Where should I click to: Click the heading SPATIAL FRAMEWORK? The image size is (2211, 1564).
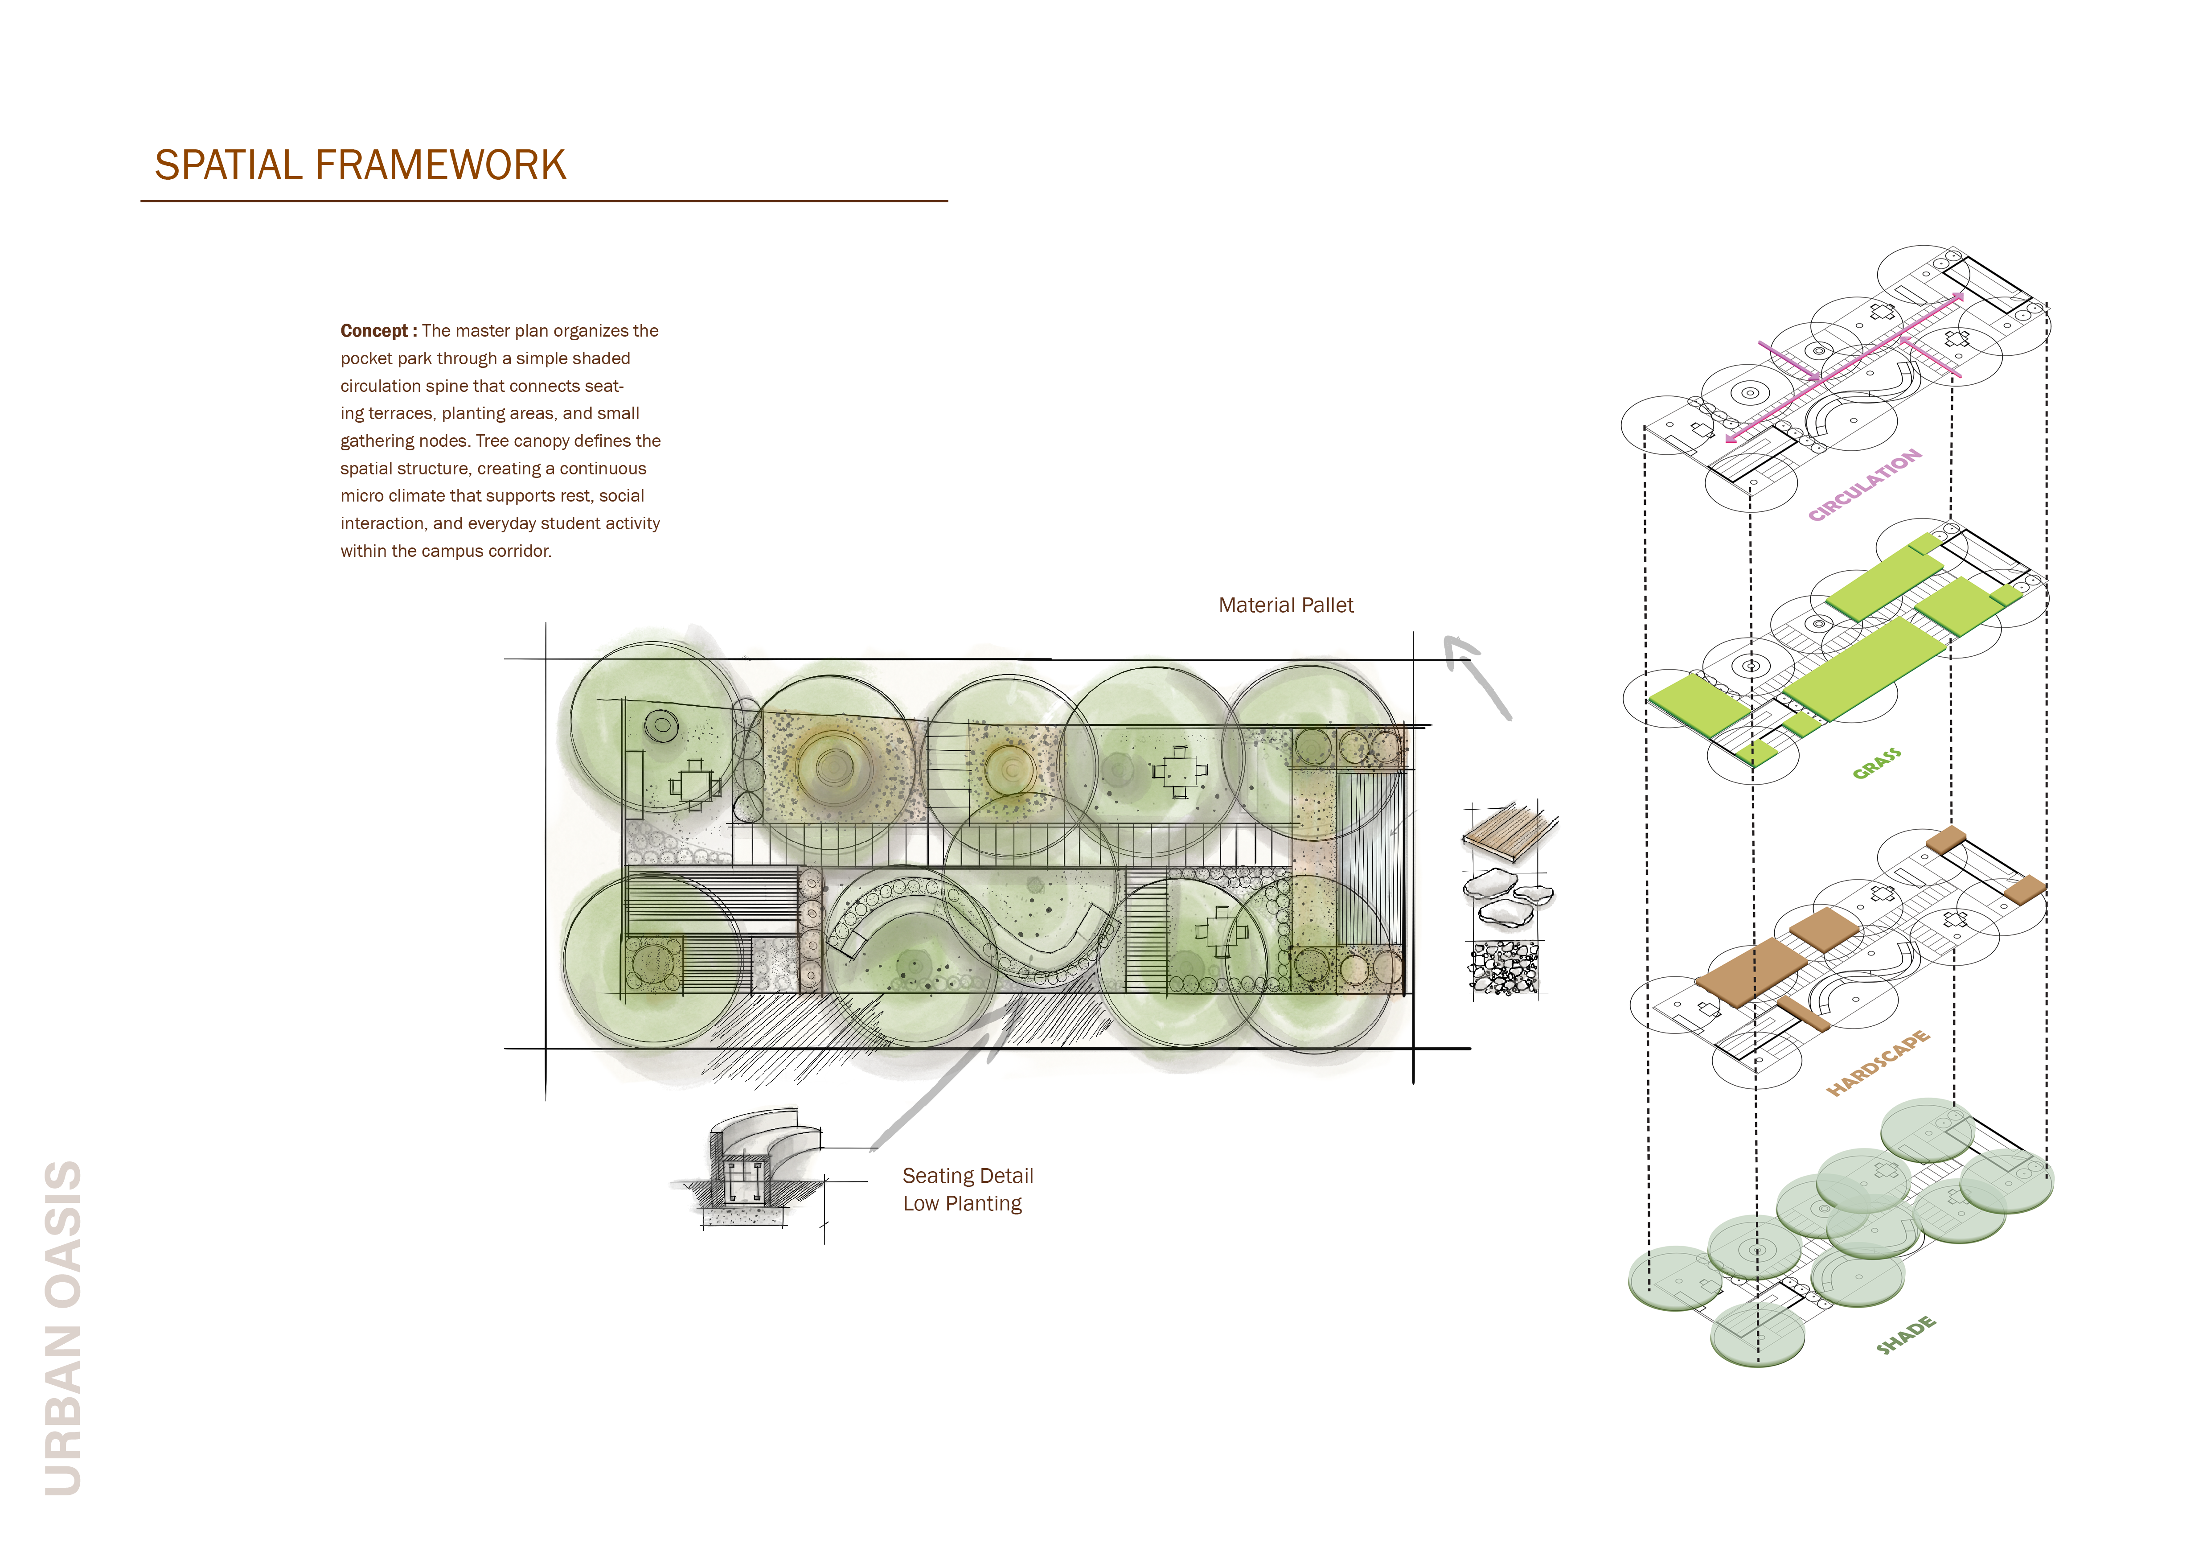(x=360, y=166)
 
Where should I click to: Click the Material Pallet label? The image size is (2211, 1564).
(x=1286, y=605)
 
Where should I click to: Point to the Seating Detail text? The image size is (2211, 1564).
(x=968, y=1176)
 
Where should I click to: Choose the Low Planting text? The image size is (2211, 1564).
(x=962, y=1204)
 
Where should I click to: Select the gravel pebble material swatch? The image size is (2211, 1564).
(x=1504, y=967)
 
